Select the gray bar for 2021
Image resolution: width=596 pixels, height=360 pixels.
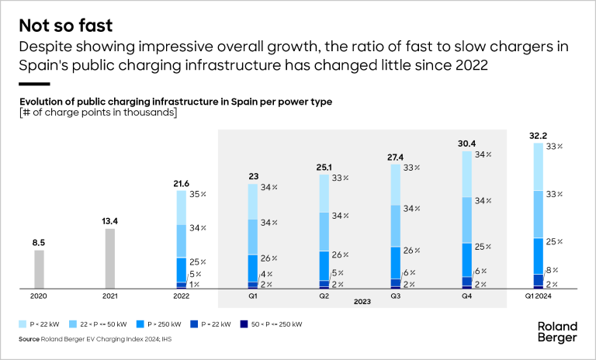point(110,258)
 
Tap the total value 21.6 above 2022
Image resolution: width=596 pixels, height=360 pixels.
point(182,183)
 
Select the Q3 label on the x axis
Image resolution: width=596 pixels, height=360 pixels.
point(396,296)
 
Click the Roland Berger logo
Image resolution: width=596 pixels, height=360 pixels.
point(557,331)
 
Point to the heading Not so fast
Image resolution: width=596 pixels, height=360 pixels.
point(66,24)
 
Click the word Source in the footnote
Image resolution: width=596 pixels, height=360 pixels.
point(29,339)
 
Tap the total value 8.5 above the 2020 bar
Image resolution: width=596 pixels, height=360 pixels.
point(39,242)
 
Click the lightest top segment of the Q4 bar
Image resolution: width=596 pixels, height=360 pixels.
point(467,174)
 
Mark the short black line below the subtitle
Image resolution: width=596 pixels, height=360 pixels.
point(34,83)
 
